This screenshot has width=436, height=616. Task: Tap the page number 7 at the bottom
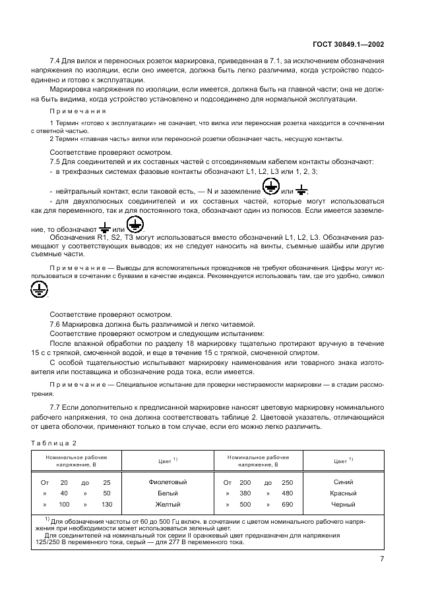coord(382,559)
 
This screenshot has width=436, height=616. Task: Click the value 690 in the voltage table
coord(287,504)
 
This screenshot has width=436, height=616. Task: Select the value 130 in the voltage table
coord(106,504)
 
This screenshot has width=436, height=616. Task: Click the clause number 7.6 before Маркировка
coord(57,325)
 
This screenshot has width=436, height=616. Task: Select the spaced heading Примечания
coord(73,112)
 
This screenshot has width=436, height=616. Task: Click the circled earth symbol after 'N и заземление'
coord(270,188)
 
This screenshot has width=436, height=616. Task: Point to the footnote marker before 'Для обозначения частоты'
coord(47,518)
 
